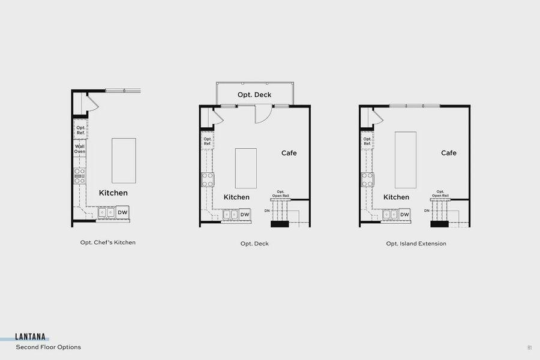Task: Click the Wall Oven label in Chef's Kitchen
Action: (80, 149)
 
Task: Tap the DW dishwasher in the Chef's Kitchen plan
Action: (122, 212)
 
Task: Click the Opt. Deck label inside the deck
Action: (254, 95)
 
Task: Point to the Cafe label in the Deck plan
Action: (289, 153)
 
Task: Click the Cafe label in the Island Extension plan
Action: (449, 153)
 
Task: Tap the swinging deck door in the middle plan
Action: (263, 114)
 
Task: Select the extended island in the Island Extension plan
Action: (406, 159)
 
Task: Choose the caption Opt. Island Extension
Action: (416, 244)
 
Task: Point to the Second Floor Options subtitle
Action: (48, 347)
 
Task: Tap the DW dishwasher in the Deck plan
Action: (245, 215)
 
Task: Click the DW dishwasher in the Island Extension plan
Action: (404, 215)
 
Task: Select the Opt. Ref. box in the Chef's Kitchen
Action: (80, 129)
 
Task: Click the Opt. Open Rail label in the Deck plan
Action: (280, 193)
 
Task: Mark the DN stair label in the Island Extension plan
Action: (427, 211)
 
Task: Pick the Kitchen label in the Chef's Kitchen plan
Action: (113, 193)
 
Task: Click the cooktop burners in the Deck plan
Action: (208, 179)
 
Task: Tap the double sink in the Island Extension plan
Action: (389, 214)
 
